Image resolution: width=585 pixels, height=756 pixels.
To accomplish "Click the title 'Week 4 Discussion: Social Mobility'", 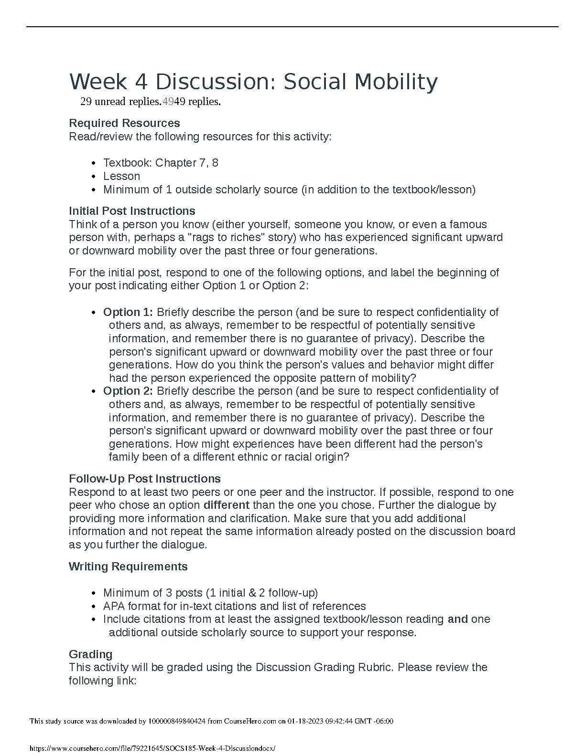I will [253, 82].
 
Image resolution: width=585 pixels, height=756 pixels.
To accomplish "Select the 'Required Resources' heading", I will [124, 123].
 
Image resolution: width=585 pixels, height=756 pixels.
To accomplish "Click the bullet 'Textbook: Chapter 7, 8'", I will [161, 163].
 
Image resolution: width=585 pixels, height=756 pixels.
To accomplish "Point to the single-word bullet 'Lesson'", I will [121, 176].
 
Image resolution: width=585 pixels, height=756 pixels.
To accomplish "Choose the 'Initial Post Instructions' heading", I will [132, 211].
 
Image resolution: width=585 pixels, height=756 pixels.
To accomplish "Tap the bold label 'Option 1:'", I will [128, 312].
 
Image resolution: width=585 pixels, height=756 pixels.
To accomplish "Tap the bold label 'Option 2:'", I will [128, 391].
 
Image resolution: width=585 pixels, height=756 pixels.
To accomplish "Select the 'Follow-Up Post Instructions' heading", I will [145, 479].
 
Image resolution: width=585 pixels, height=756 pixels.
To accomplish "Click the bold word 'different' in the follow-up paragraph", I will [227, 505].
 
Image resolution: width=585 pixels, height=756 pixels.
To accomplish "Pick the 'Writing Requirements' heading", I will [128, 567].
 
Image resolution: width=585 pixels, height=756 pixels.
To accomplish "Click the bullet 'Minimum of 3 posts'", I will [153, 593].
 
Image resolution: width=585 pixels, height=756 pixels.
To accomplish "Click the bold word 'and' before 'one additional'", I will [457, 619].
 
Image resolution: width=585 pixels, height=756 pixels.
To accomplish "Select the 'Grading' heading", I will [91, 654].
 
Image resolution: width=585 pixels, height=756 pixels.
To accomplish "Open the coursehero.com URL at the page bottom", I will [152, 749].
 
